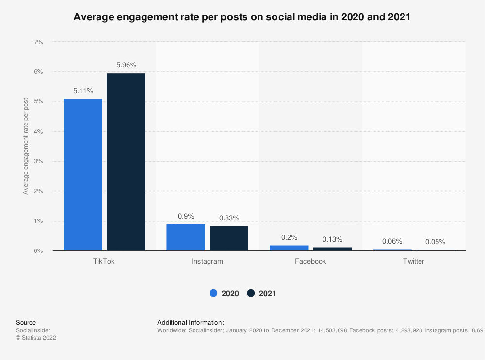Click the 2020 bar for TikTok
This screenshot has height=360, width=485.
point(83,175)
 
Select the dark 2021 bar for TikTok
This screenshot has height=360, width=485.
point(126,162)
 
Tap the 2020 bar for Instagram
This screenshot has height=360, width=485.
point(186,237)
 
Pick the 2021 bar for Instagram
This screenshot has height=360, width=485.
point(229,238)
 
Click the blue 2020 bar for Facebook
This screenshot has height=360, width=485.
point(289,248)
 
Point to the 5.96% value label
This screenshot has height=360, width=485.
point(126,64)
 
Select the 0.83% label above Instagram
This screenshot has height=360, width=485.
point(229,218)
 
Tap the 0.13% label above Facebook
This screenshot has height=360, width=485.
point(332,239)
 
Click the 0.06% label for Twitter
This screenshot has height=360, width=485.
point(392,241)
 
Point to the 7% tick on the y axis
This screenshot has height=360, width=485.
point(38,42)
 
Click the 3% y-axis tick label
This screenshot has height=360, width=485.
point(38,161)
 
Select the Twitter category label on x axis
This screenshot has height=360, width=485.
point(413,261)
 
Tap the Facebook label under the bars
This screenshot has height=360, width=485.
point(310,261)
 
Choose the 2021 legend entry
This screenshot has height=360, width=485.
point(262,293)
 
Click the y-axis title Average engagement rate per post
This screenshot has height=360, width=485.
point(26,146)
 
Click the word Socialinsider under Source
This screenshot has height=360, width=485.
point(33,330)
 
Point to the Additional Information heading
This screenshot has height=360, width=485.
point(190,322)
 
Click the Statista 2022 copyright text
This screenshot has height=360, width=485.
point(36,338)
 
